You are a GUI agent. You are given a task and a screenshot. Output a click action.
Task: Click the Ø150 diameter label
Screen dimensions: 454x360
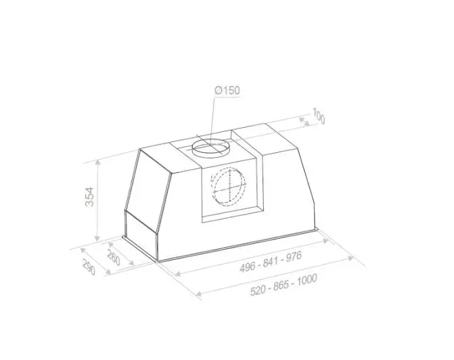point(227,91)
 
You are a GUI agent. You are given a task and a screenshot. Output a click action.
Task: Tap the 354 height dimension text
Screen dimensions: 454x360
point(90,197)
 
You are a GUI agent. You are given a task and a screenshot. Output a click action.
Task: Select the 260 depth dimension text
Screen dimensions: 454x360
point(114,257)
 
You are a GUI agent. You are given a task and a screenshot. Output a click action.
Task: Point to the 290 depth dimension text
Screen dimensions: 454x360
point(89,267)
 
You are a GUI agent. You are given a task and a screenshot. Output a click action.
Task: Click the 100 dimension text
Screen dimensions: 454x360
point(319,116)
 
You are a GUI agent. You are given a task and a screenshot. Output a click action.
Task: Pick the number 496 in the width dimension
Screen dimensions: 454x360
point(247,267)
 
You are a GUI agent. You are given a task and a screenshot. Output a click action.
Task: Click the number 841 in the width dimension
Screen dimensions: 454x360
point(271,261)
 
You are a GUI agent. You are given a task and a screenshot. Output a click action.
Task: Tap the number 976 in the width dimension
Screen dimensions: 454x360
point(294,256)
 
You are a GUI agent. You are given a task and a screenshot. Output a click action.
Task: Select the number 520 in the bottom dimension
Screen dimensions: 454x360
point(258,290)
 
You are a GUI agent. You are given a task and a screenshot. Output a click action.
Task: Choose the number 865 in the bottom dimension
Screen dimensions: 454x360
point(281,285)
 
